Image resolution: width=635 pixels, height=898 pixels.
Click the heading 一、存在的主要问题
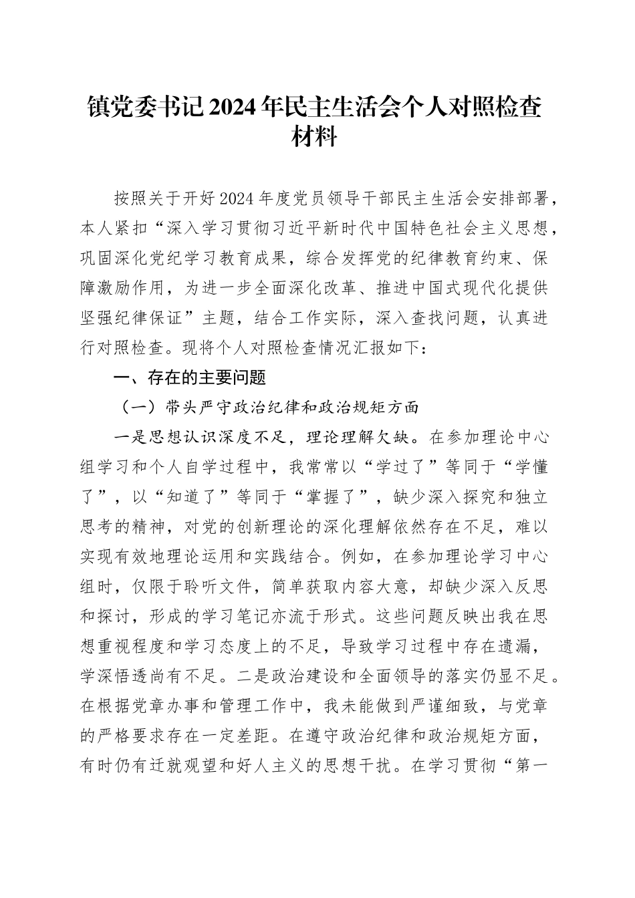click(190, 378)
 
